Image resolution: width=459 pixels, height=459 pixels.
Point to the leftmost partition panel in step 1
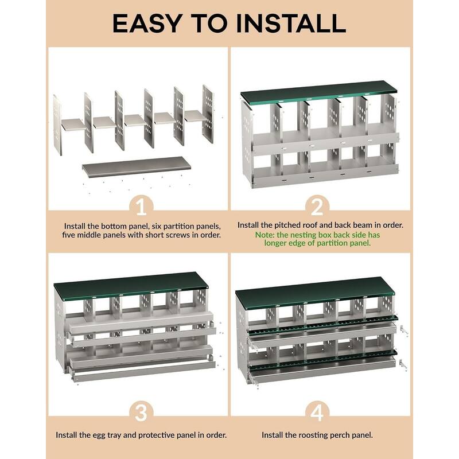pyautogui.click(x=57, y=125)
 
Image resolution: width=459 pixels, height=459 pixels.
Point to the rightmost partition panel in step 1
pyautogui.click(x=208, y=114)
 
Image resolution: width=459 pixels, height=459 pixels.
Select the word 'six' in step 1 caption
pyautogui.click(x=149, y=225)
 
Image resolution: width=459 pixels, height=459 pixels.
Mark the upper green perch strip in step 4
pyautogui.click(x=321, y=324)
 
